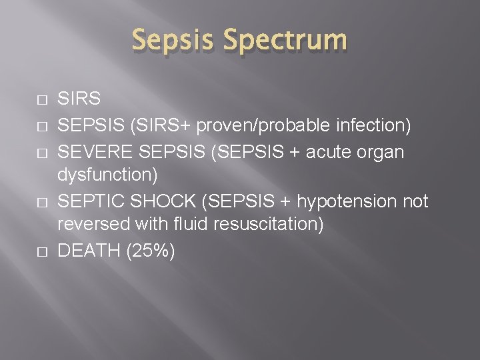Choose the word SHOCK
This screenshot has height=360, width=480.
click(x=158, y=201)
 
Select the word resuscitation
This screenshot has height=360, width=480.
click(x=265, y=226)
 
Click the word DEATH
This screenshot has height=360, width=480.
click(x=85, y=251)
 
